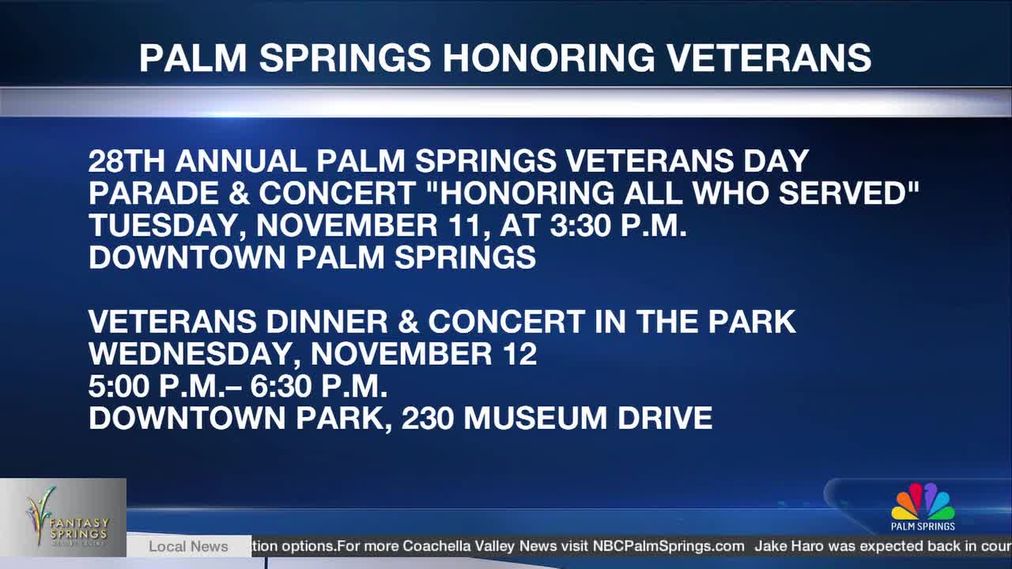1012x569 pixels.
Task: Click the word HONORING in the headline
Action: coord(548,58)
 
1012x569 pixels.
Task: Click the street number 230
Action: coord(427,418)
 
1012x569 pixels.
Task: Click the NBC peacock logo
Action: coord(923,503)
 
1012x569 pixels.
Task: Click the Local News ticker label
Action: coord(188,546)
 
